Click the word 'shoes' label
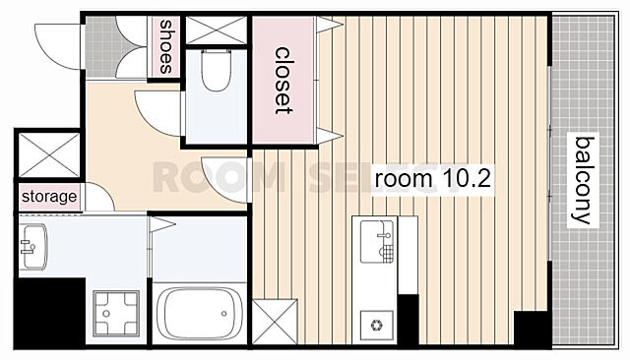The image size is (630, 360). point(166,46)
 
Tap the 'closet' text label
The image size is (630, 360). point(283,81)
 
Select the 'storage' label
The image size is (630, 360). point(49,197)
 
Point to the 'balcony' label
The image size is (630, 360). point(583,180)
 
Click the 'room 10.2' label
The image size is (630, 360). point(433,179)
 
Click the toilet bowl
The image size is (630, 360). point(217,71)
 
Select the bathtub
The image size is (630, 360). point(200,314)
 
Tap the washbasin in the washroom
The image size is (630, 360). point(33,247)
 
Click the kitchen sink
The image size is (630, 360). point(376,242)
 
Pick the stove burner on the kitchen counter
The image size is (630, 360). point(377,326)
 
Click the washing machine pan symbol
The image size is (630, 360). point(116,314)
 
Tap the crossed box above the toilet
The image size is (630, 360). point(217,30)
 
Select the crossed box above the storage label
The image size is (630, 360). point(49,154)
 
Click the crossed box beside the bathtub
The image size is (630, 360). point(275,322)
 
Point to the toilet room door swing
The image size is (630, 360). point(159,113)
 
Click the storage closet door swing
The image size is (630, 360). point(99,197)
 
